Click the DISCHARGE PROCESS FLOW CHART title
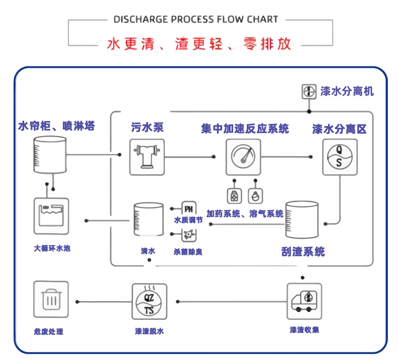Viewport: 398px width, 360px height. (x=196, y=20)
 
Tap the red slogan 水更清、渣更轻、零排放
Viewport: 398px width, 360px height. (x=199, y=44)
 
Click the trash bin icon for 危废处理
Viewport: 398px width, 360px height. (x=51, y=299)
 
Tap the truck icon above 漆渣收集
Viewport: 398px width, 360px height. (x=304, y=301)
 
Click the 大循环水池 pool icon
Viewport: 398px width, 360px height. (x=51, y=216)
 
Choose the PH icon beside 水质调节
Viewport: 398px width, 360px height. (x=189, y=209)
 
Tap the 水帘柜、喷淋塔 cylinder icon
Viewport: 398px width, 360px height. (x=50, y=154)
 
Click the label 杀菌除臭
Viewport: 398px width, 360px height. (x=188, y=252)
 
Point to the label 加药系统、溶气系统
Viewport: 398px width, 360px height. (x=245, y=213)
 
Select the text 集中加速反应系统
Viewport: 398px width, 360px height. (x=245, y=129)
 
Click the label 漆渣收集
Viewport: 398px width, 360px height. (x=304, y=329)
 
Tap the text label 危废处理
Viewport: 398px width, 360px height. (x=48, y=332)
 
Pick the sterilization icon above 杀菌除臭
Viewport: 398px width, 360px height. (x=188, y=235)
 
